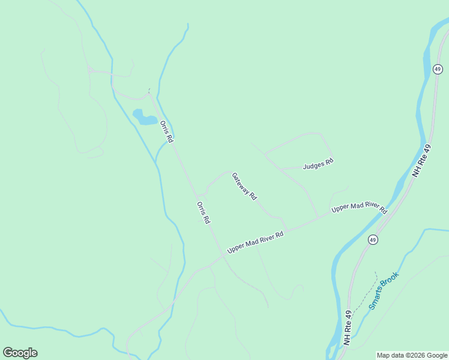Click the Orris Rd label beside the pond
(166, 131)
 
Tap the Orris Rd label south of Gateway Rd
(203, 212)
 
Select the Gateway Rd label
(244, 187)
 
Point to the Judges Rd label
(318, 164)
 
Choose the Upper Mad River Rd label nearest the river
(359, 208)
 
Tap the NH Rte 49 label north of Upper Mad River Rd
(422, 160)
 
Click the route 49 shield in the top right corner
(438, 70)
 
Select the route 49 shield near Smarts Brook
(373, 239)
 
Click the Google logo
(20, 353)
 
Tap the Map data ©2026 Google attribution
(412, 355)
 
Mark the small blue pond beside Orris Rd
(145, 116)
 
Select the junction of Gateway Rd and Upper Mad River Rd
(286, 229)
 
